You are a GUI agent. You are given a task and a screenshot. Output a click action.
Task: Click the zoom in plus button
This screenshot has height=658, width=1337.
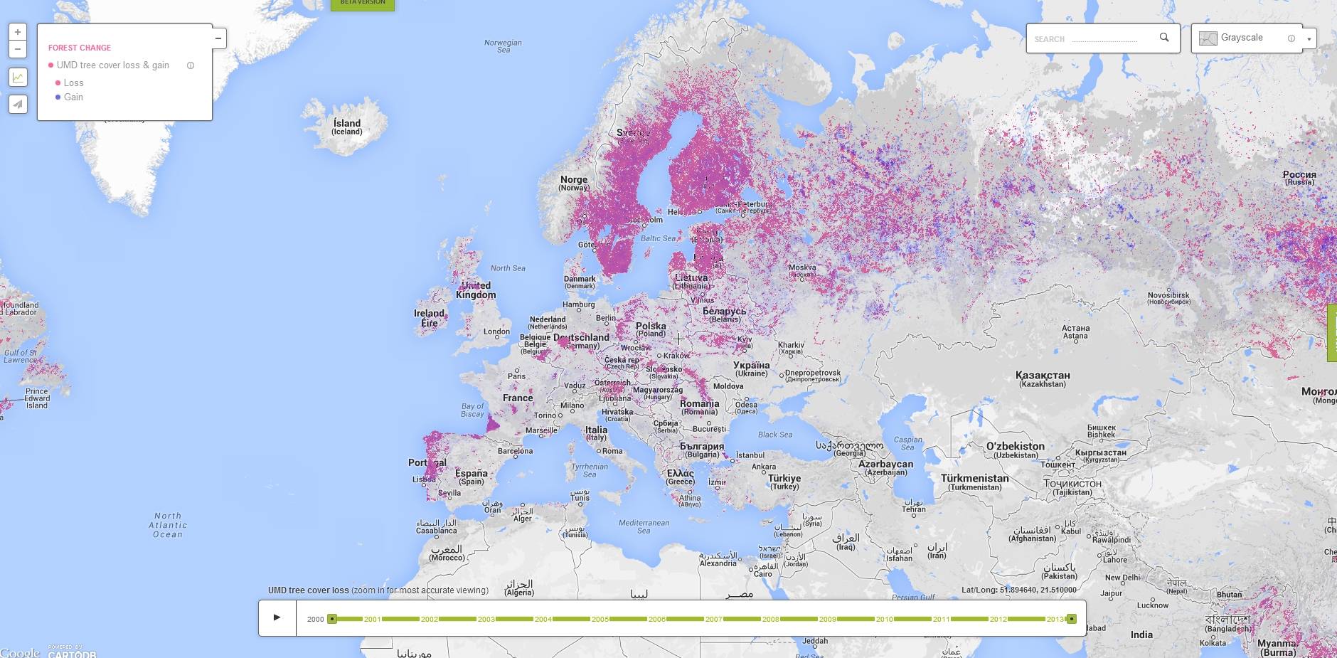click(18, 32)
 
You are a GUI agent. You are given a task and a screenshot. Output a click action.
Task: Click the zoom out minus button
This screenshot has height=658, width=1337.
click(18, 49)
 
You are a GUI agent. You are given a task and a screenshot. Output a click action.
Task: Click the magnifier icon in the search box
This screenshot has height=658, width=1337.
click(1164, 38)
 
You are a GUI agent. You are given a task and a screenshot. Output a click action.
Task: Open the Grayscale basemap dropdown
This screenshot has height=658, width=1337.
click(1309, 39)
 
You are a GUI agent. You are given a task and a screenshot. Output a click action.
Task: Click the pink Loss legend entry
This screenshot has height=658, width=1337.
click(73, 83)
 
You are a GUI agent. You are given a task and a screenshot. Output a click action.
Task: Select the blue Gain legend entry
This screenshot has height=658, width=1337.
click(73, 97)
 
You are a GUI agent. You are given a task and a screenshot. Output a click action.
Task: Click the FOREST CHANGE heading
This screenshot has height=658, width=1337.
click(80, 48)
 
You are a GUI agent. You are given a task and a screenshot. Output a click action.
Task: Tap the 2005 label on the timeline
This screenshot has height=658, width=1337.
click(600, 619)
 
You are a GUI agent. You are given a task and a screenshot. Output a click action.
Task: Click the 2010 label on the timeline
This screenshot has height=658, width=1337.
click(884, 619)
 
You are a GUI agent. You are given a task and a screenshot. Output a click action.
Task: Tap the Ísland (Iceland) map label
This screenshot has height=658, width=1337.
click(347, 127)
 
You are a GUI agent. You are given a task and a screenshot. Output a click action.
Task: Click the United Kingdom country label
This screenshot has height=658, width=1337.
click(476, 290)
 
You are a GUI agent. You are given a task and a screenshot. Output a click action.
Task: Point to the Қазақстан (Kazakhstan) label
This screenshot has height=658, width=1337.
click(1043, 378)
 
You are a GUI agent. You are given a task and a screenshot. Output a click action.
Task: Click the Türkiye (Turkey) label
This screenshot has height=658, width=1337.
click(784, 482)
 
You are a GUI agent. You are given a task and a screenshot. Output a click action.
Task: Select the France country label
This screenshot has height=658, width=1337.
click(518, 398)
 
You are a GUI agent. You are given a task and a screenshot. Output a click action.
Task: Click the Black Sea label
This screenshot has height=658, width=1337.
click(774, 435)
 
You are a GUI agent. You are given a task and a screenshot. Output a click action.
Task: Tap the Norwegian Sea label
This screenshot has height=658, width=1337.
click(503, 46)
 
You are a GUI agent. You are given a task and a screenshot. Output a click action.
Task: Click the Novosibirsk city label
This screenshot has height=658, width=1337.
click(1168, 297)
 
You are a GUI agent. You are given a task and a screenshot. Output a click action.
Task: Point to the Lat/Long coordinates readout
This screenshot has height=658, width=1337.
click(1018, 590)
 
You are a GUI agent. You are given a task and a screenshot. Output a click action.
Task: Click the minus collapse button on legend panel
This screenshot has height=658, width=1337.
click(218, 38)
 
